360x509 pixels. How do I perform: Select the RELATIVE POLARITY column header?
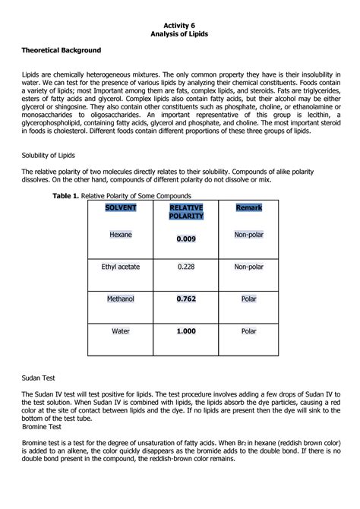tap(186, 212)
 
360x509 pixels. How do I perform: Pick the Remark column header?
tap(248, 207)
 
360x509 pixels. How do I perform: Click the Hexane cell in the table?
tap(121, 236)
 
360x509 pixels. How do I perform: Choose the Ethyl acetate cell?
tap(121, 267)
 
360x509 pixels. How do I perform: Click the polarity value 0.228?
tap(186, 267)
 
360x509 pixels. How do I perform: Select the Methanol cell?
tap(121, 299)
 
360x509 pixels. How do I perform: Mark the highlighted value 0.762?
tap(186, 299)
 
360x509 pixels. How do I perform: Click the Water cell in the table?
tap(121, 332)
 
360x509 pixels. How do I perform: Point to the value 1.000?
tap(186, 332)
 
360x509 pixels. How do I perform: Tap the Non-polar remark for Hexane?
tap(248, 236)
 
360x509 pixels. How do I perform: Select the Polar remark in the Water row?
tap(248, 332)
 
